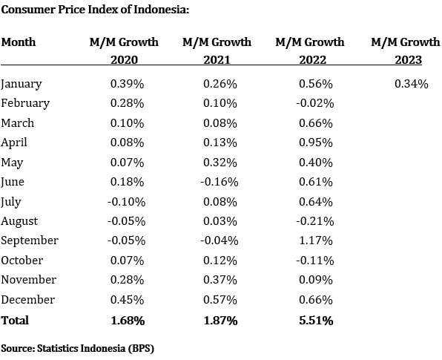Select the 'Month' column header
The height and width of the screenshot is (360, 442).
(19, 42)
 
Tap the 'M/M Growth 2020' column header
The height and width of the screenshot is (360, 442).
(124, 51)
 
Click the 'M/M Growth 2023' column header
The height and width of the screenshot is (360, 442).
(406, 51)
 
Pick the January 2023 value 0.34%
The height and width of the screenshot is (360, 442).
(412, 84)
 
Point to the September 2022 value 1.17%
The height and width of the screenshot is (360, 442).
(316, 240)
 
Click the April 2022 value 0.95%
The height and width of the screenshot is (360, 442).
(316, 143)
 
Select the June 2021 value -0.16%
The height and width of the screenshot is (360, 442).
(220, 182)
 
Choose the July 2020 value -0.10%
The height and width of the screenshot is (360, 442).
(126, 201)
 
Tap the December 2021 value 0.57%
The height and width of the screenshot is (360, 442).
(221, 299)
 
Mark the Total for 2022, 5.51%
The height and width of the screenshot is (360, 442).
(316, 320)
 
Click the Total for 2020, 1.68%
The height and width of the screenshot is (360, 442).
(128, 320)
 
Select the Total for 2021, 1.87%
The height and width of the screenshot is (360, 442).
(221, 320)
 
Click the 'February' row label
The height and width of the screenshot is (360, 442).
(25, 103)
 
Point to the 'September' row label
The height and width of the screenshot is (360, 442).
(30, 240)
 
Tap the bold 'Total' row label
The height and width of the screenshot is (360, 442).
(15, 320)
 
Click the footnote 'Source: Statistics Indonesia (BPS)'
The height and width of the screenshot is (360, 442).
(77, 347)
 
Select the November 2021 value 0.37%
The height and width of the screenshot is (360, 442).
(221, 280)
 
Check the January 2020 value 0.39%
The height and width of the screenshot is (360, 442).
(128, 84)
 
